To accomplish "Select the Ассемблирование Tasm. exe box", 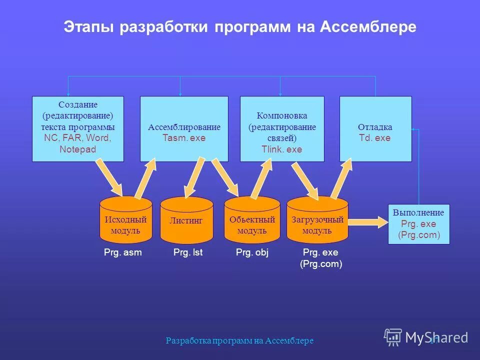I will [x=184, y=129].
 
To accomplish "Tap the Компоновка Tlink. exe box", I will [x=282, y=129].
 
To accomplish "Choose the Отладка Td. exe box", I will [x=375, y=129].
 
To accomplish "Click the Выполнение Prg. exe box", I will [x=418, y=224].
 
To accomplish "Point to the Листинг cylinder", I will [x=186, y=220].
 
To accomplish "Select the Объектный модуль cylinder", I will [x=252, y=220].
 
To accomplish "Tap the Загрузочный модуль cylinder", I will [x=317, y=220].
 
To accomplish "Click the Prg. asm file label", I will [x=123, y=253].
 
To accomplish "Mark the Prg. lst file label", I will [x=188, y=253].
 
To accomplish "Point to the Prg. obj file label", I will [x=252, y=253].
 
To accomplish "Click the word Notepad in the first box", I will [x=77, y=149].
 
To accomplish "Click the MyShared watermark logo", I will [x=426, y=337].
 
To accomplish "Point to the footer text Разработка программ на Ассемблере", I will [x=239, y=340].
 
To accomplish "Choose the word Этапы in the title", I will [x=89, y=27].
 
